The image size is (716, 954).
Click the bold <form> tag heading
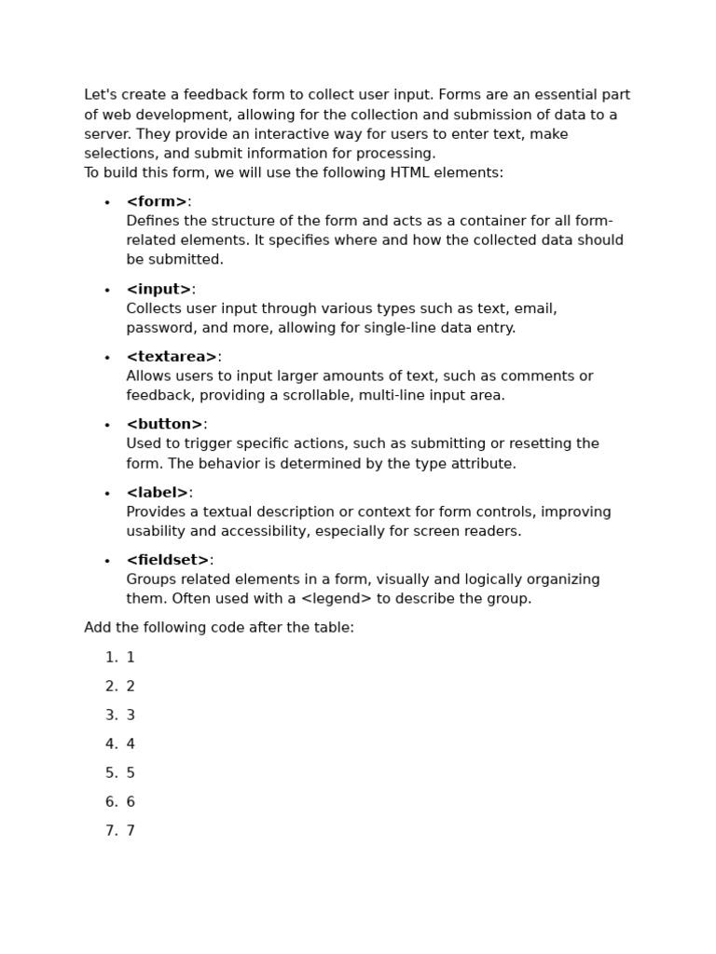pyautogui.click(x=157, y=202)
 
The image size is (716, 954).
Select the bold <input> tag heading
pyautogui.click(x=158, y=289)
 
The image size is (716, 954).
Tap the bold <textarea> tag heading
pyautogui.click(x=172, y=357)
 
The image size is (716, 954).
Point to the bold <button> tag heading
pyautogui.click(x=164, y=425)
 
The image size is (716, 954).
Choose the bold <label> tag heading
pyautogui.click(x=158, y=493)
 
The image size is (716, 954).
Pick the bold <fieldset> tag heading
pyautogui.click(x=168, y=561)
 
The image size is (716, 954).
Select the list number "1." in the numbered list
pyautogui.click(x=111, y=658)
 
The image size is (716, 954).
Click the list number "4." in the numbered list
pyautogui.click(x=111, y=744)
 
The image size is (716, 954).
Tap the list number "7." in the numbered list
pyautogui.click(x=111, y=831)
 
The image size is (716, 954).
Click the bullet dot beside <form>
pyautogui.click(x=107, y=203)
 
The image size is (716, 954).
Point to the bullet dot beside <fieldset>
pyautogui.click(x=107, y=562)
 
